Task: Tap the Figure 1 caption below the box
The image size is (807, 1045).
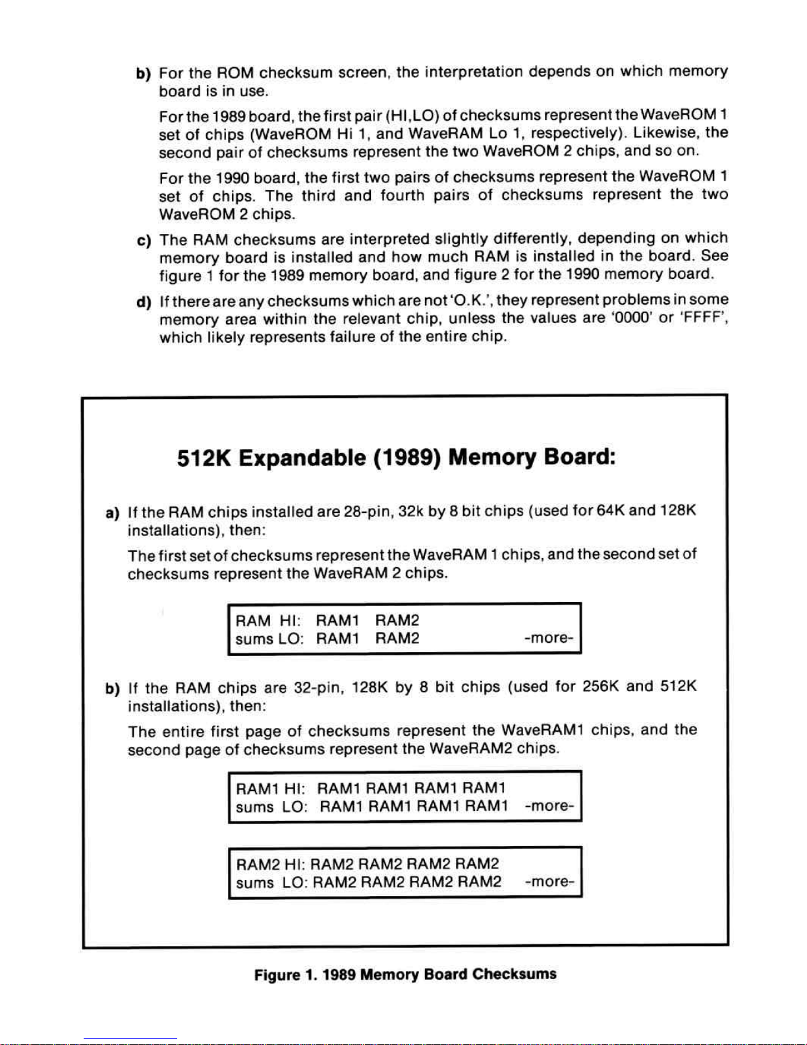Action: pyautogui.click(x=405, y=974)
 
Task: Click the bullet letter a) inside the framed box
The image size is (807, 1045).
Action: pyautogui.click(x=113, y=512)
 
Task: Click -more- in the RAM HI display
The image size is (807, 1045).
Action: pyautogui.click(x=549, y=638)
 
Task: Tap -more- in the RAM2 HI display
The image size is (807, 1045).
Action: pyautogui.click(x=550, y=881)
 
